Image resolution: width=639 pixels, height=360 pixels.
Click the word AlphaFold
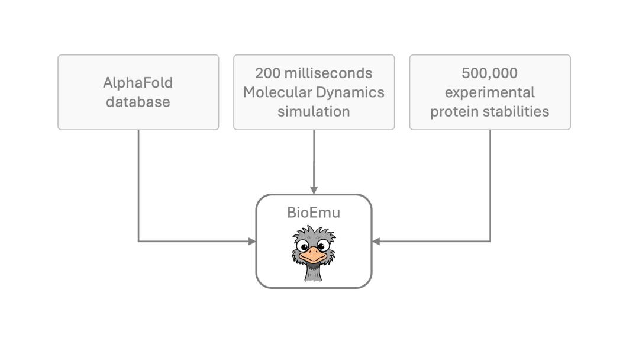(x=138, y=82)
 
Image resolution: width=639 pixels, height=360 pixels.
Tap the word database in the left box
(x=138, y=102)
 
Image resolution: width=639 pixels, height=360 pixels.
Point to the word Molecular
(x=274, y=92)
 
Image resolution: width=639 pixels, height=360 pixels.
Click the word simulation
(x=314, y=111)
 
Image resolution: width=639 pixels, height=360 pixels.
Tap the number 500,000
(x=489, y=73)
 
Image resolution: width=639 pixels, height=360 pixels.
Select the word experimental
(x=489, y=92)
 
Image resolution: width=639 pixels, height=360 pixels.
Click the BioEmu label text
(x=314, y=212)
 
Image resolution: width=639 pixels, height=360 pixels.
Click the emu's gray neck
(x=312, y=272)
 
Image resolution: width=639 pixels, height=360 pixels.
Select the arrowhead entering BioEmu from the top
(x=314, y=190)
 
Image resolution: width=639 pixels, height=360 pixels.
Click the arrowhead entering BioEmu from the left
(x=252, y=241)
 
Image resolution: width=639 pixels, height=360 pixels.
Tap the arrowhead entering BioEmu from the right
(x=376, y=241)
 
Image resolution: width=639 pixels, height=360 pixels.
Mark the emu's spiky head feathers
(x=314, y=233)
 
